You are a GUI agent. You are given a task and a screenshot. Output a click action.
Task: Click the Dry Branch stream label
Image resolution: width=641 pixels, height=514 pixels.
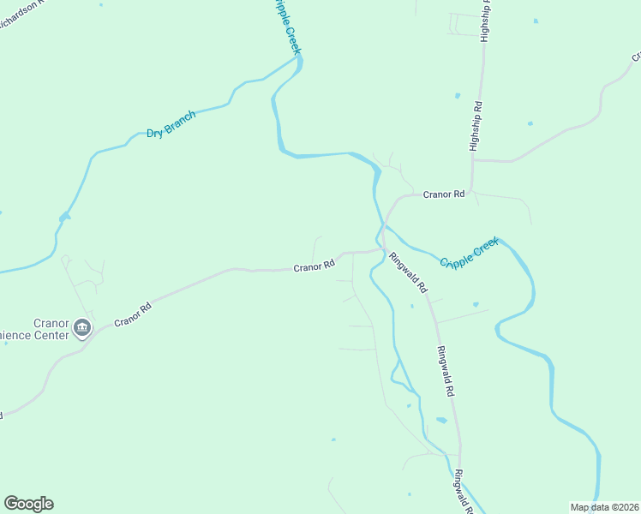(x=171, y=124)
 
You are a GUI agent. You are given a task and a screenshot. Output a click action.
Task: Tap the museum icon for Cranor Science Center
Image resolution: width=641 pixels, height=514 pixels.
(x=82, y=327)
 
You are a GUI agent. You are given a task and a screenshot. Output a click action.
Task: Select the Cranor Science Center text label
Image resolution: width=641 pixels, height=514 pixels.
(x=39, y=329)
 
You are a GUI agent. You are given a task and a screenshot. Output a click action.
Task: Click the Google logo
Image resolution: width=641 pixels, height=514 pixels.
(x=28, y=504)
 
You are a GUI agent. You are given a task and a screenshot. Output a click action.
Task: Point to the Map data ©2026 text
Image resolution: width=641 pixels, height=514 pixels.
(x=605, y=506)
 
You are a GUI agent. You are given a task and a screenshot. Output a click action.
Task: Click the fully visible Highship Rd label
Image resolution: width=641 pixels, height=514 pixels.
(x=476, y=126)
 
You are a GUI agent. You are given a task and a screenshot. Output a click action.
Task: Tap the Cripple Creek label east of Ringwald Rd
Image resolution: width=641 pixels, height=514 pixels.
(x=469, y=254)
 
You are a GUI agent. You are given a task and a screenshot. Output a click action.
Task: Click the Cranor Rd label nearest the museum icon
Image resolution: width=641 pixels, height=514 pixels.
(x=133, y=314)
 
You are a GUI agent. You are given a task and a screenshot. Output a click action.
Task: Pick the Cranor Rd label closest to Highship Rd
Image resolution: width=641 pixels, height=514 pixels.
(x=444, y=194)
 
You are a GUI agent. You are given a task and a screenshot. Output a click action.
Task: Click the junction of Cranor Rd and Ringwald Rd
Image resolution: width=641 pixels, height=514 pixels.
(x=382, y=250)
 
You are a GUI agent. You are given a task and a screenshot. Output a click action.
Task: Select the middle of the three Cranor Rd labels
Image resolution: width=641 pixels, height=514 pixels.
(x=314, y=266)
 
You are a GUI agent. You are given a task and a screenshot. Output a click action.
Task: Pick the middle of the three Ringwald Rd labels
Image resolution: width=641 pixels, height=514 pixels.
(x=444, y=370)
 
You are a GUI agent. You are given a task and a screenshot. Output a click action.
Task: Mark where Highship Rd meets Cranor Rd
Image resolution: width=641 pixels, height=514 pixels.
(x=474, y=160)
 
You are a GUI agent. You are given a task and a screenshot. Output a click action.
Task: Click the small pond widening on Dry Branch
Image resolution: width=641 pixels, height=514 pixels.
(x=63, y=218)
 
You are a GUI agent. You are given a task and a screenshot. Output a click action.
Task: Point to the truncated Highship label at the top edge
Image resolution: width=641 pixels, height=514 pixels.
(x=486, y=21)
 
